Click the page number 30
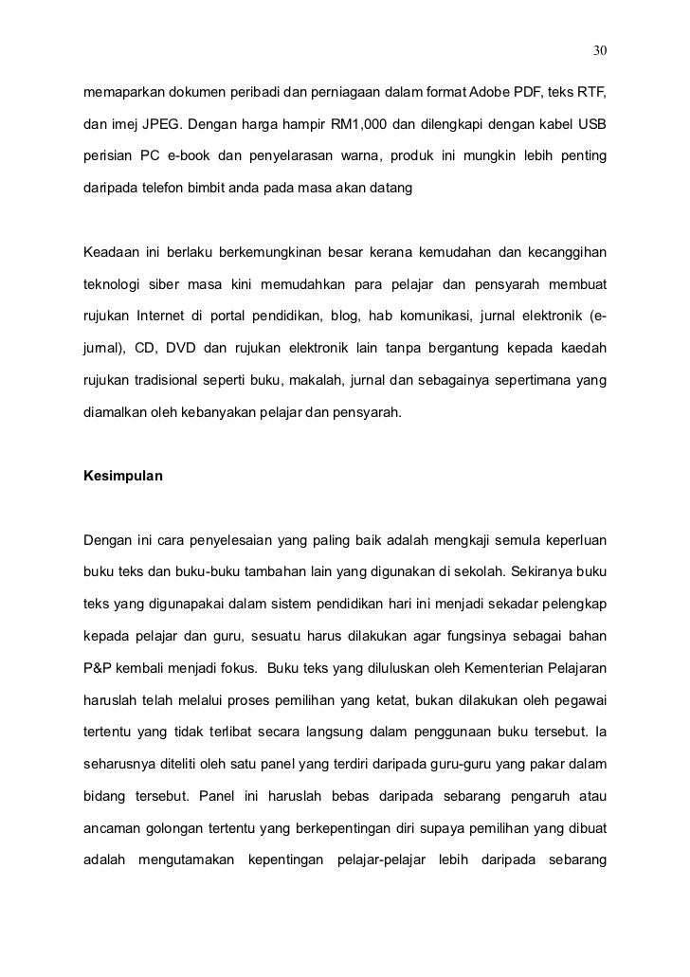pos(599,49)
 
